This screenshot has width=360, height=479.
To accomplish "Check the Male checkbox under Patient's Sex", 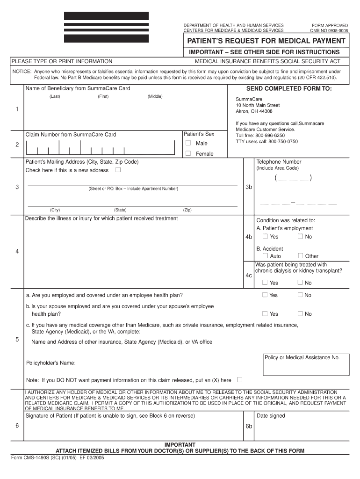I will (x=188, y=143).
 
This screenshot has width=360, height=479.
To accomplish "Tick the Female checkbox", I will (x=188, y=153).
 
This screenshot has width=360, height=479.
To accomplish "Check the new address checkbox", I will (x=118, y=170).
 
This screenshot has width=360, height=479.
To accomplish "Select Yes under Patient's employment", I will (x=265, y=236).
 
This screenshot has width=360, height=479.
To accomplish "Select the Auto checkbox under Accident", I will (x=265, y=256).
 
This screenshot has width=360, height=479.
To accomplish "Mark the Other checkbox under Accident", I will (x=300, y=256).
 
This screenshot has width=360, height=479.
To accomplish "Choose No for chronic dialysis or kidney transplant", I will (x=300, y=283).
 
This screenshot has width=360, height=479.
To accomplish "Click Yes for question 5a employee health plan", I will (x=265, y=295).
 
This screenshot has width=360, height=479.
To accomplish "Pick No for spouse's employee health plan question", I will (x=300, y=313).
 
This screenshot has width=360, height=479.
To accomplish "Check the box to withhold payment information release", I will (x=239, y=380).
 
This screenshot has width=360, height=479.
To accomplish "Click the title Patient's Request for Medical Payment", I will (x=266, y=41).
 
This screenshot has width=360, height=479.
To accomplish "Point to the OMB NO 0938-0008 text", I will (x=329, y=30).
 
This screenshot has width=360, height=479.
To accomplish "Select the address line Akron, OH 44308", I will (x=254, y=111).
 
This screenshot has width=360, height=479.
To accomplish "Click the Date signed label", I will (x=271, y=416).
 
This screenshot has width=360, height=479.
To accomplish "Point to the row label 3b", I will (x=249, y=187).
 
